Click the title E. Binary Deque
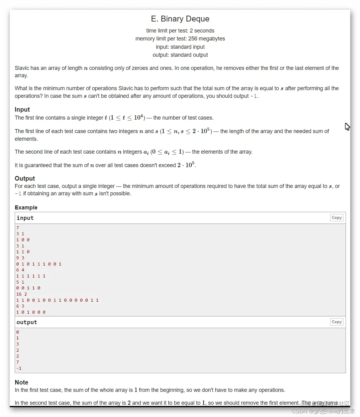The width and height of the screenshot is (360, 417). click(x=180, y=19)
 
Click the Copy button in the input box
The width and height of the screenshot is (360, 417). click(x=337, y=218)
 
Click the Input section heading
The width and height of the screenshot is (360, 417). click(x=22, y=109)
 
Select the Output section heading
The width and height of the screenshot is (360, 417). click(x=25, y=178)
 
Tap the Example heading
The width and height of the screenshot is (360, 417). click(x=26, y=208)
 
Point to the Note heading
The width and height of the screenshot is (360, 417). click(x=21, y=382)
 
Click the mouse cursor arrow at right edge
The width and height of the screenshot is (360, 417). click(x=347, y=126)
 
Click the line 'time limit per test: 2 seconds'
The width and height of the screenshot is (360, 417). click(x=180, y=31)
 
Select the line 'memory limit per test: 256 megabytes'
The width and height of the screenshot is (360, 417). click(x=180, y=39)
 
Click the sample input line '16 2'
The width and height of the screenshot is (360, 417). click(x=21, y=294)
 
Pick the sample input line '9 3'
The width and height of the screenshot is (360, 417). click(x=20, y=258)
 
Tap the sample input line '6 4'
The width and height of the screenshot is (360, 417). click(x=20, y=270)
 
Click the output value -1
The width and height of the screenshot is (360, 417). click(x=19, y=368)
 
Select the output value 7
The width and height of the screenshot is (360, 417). click(x=18, y=362)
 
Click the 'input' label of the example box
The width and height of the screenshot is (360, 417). click(x=25, y=218)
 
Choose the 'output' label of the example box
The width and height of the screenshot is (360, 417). click(x=27, y=322)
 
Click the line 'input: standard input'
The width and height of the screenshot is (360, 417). click(x=180, y=47)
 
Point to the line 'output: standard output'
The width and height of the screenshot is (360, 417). click(x=180, y=55)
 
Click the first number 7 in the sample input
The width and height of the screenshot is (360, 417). click(x=18, y=228)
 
